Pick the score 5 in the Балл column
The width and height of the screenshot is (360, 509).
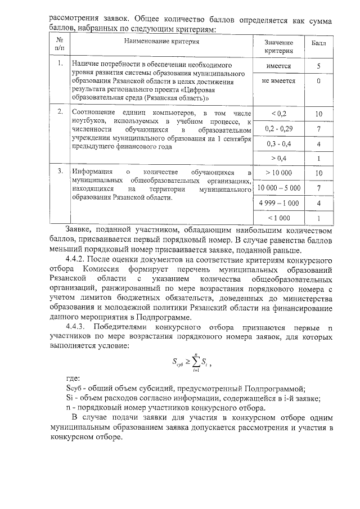pos(318,66)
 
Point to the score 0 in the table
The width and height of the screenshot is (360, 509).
pos(318,81)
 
